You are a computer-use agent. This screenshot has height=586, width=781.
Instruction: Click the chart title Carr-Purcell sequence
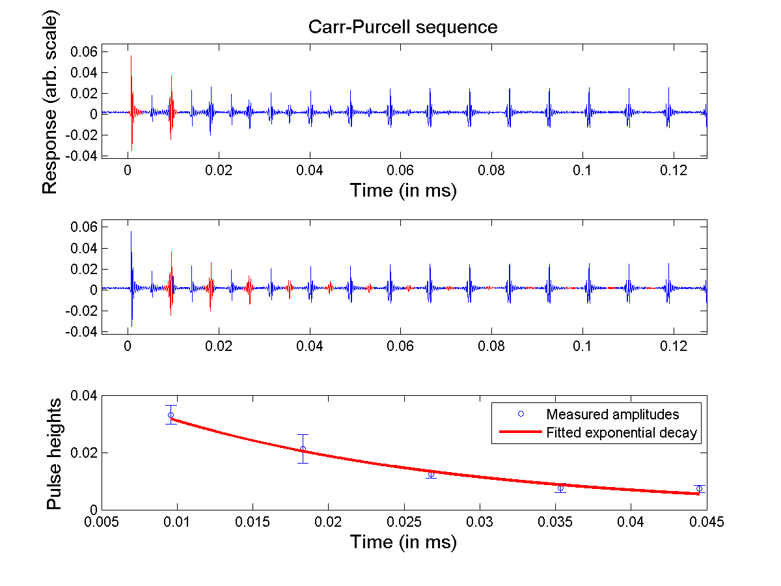(x=403, y=27)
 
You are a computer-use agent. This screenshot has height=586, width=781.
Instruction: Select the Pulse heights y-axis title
(x=54, y=453)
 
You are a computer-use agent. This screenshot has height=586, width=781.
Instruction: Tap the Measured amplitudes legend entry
(x=612, y=414)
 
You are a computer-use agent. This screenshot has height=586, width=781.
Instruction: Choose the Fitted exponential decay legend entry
(x=621, y=432)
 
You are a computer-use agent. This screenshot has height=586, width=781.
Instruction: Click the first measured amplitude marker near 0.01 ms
(x=171, y=415)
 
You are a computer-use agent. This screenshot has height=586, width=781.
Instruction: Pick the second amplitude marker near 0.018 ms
(x=303, y=449)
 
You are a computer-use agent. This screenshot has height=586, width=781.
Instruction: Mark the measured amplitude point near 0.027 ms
(x=431, y=474)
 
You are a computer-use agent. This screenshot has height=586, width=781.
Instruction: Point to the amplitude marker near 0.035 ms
(x=560, y=488)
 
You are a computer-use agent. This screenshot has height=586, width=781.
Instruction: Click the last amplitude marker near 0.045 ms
(x=699, y=488)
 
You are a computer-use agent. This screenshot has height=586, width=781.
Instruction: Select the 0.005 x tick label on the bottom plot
(x=101, y=522)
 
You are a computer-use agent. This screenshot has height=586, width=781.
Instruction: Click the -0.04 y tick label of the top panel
(x=82, y=156)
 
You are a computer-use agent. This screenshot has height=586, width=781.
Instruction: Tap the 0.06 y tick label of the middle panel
(x=85, y=227)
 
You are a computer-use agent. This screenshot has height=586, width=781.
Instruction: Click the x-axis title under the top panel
(x=403, y=190)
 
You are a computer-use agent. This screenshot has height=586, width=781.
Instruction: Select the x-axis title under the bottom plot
(x=403, y=542)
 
